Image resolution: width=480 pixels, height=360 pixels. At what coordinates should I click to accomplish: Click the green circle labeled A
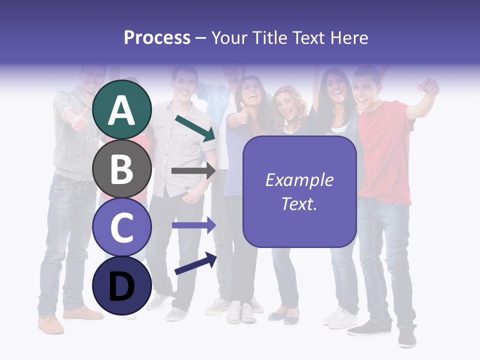pos(121,109)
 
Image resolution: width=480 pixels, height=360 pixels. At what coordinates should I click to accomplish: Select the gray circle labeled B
pos(121,168)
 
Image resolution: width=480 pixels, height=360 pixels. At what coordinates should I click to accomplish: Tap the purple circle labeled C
pos(121,227)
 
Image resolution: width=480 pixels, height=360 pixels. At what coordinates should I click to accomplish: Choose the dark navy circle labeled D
pos(121,285)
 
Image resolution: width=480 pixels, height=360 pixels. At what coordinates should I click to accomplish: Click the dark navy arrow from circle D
pos(195,263)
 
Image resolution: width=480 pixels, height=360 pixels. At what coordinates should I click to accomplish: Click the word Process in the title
pos(157,37)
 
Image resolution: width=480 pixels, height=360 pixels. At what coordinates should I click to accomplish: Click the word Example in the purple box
pos(299,180)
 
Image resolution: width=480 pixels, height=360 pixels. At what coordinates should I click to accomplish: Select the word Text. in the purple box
pos(299,203)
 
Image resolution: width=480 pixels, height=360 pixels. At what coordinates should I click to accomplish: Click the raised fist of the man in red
pos(429,86)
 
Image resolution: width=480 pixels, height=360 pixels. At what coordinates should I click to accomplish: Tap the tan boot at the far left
pos(50,324)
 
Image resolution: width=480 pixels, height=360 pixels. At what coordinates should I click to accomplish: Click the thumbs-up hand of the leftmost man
pos(80,119)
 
